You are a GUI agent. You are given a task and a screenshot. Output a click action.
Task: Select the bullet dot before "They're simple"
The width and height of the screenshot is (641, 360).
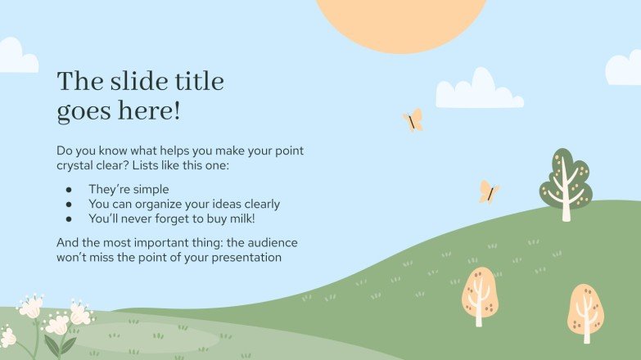coord(69,189)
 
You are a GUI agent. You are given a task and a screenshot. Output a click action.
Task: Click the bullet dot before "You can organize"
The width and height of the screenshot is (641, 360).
coord(69,204)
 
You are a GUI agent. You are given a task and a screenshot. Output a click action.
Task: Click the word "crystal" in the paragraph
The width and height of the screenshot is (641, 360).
coord(78,167)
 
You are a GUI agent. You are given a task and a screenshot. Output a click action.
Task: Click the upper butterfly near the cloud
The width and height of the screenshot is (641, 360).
coord(413,120)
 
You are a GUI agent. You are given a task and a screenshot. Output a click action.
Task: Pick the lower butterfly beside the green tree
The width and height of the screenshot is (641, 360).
coord(489,192)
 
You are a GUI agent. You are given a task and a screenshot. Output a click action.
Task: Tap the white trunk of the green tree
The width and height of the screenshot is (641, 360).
coord(566,205)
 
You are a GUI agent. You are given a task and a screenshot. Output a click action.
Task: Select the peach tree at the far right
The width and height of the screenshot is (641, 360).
coord(586,312)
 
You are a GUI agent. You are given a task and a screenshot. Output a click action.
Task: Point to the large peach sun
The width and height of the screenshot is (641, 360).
coord(401,20)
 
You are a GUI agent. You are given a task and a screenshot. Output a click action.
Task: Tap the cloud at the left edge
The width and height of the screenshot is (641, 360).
coord(16,57)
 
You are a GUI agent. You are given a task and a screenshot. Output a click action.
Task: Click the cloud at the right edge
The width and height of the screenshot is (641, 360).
coord(625,69)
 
